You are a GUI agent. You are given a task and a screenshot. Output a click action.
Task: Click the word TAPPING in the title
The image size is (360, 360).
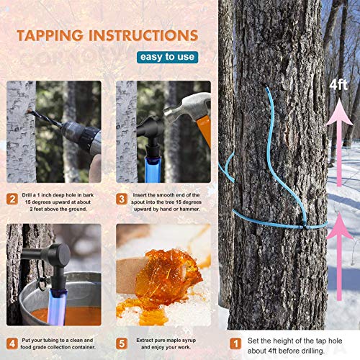[x=48, y=35]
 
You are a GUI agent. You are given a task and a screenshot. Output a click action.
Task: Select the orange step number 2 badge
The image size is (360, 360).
[x=13, y=199]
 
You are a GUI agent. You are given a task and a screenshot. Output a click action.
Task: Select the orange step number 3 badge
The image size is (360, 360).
[x=122, y=199]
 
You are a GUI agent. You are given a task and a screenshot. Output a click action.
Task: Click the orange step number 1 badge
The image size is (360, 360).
[x=235, y=343]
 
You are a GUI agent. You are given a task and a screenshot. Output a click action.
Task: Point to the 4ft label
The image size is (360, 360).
[x=338, y=85]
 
